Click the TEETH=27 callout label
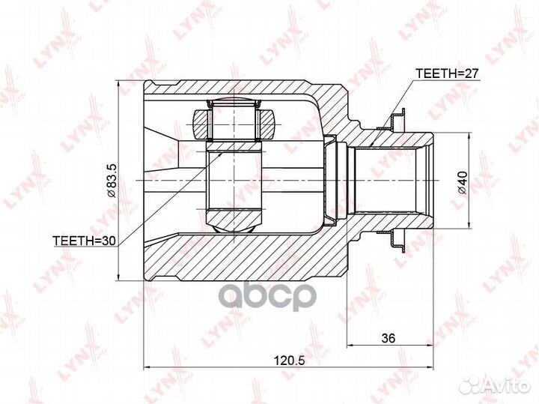point(447,73)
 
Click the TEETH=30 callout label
point(85,241)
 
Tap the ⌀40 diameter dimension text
point(463,182)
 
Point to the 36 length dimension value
point(389,338)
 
